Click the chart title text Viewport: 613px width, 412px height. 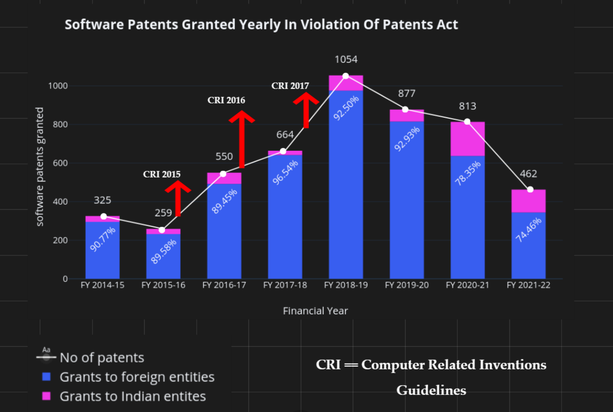point(261,25)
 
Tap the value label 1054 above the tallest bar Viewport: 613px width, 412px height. point(346,59)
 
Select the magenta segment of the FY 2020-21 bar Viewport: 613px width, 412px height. point(468,140)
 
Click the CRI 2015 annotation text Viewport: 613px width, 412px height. point(162,174)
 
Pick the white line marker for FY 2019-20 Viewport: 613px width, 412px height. point(405,109)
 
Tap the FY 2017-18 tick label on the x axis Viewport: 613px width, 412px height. point(285,286)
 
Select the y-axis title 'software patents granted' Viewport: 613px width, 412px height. point(40,166)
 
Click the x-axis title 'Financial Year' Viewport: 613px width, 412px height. point(315,311)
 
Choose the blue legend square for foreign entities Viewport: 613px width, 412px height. point(46,377)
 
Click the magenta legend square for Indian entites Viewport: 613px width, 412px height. point(46,396)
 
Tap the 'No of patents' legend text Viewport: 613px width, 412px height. point(102,358)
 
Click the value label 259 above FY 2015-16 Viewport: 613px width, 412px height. point(164,213)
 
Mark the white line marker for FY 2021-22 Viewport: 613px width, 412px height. point(530,190)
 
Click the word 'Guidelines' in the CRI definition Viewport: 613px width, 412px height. point(431,391)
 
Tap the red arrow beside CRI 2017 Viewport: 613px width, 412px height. point(306,109)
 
